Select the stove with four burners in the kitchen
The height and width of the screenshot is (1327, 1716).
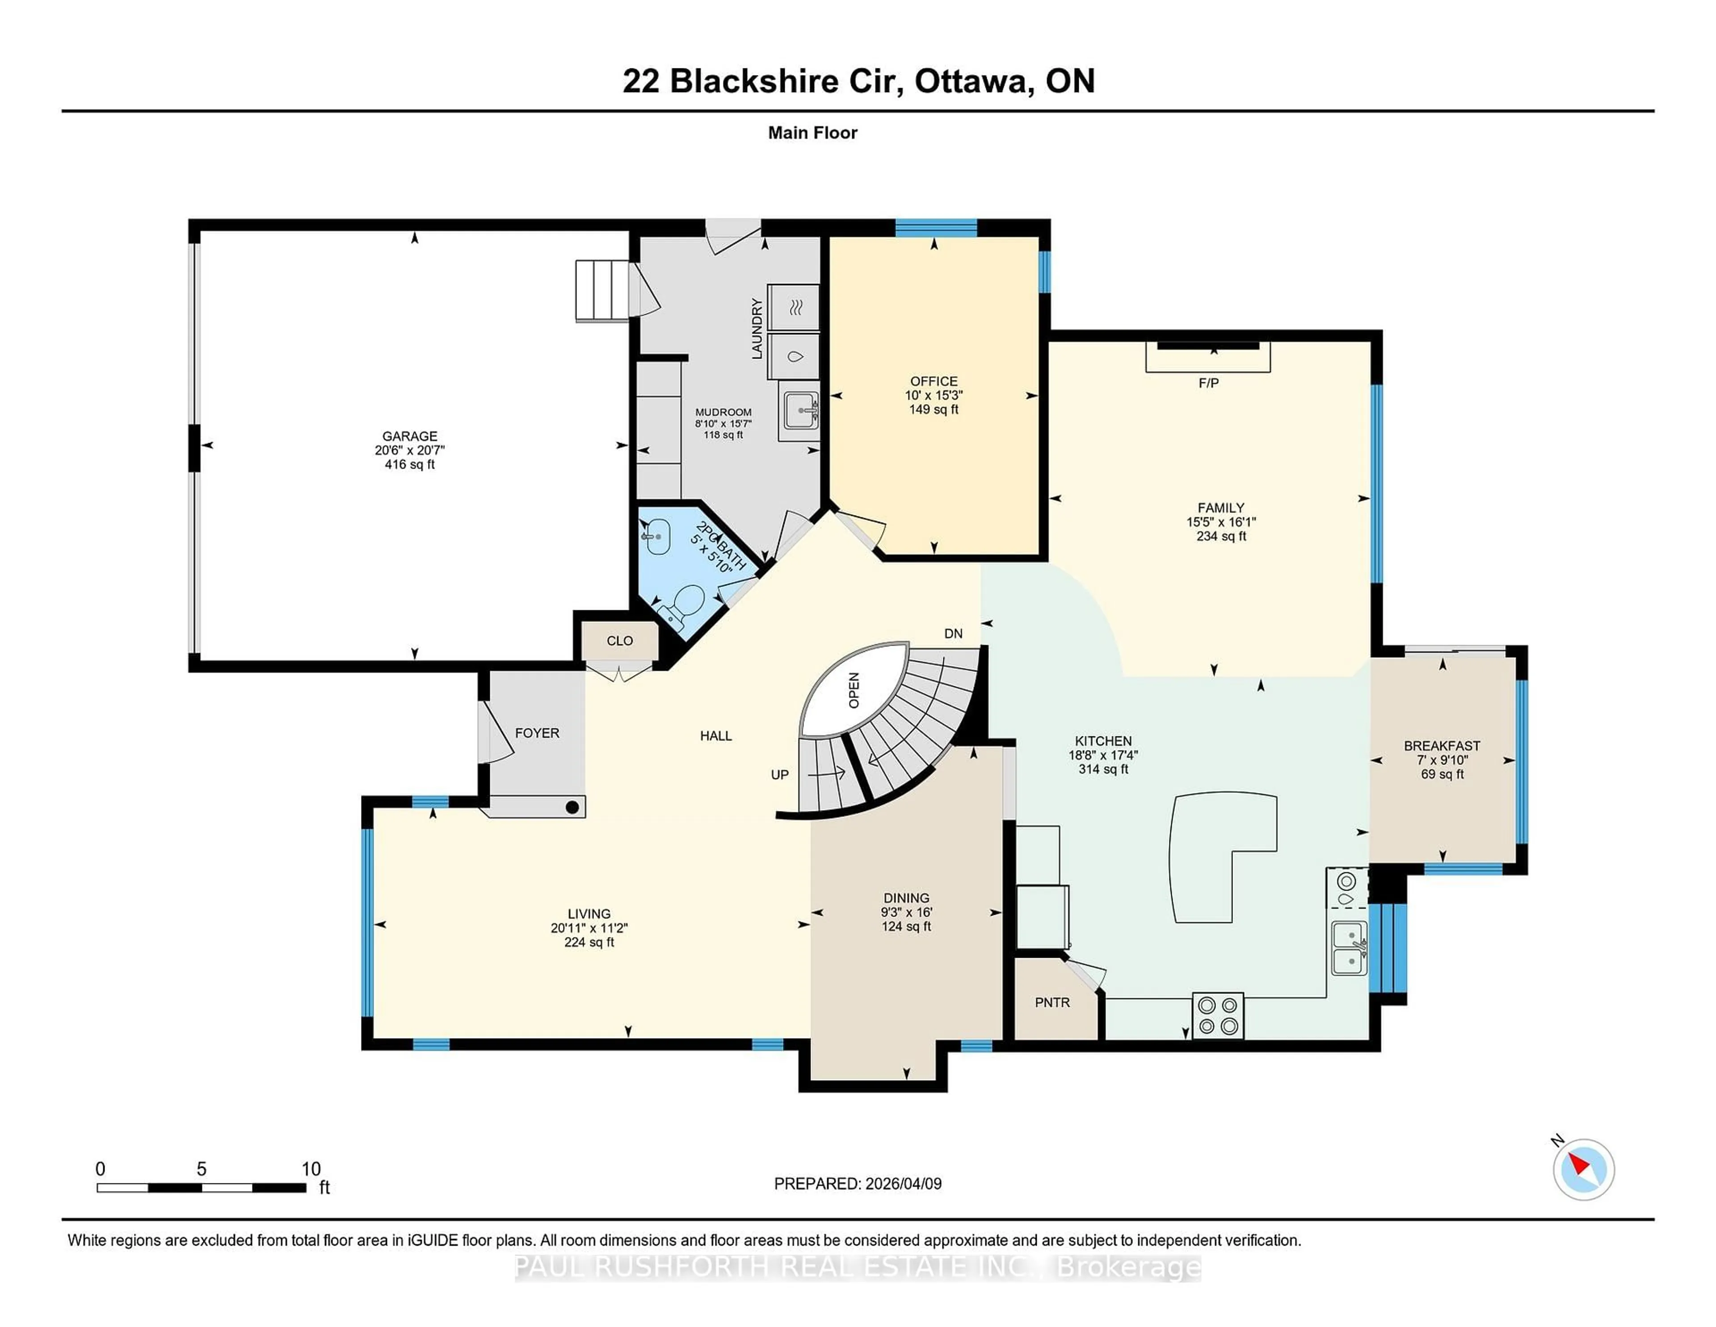pos(1217,1016)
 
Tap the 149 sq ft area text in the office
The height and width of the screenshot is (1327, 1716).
pos(934,410)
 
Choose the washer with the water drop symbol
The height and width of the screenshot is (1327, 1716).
pos(794,357)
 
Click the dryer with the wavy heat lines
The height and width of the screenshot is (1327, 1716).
pos(794,307)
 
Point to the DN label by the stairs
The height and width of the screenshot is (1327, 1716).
pos(953,634)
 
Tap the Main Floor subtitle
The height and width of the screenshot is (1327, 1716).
pos(812,133)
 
